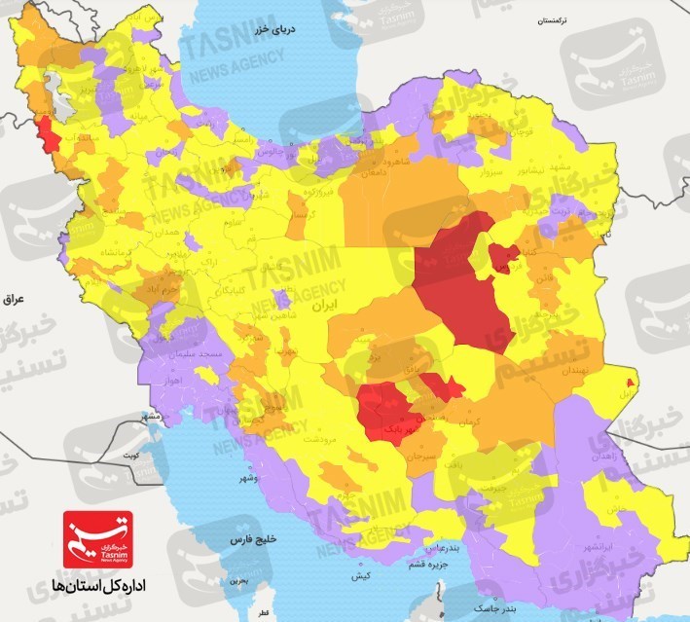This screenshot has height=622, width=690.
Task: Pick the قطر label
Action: pos(262,613)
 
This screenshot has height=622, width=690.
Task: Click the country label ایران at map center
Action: pos(312,305)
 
